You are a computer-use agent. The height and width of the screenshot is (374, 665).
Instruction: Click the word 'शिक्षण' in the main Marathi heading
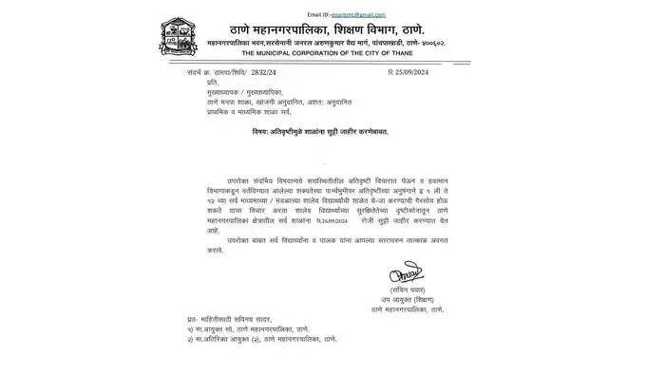365,28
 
